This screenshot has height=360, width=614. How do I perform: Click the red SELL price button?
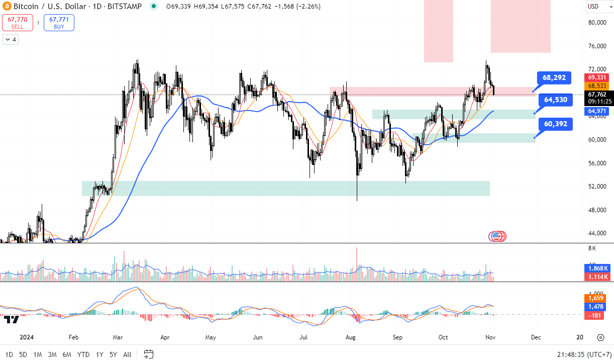[x=18, y=23]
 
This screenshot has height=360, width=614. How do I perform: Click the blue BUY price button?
[x=59, y=23]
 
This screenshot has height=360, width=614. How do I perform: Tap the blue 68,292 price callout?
[x=554, y=78]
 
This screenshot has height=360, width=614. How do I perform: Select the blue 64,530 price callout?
[x=555, y=100]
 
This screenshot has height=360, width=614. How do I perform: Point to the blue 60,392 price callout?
[x=555, y=124]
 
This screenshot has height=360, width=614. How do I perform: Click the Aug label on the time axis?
[x=351, y=337]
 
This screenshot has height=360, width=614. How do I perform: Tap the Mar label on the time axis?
[x=119, y=337]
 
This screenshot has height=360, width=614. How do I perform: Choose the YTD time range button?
[x=83, y=354]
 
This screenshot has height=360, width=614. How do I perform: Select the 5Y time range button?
[x=113, y=354]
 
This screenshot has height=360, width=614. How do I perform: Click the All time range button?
[x=127, y=354]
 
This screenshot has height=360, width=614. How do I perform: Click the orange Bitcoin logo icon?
[x=7, y=7]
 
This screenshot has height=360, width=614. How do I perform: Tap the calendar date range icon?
[x=148, y=354]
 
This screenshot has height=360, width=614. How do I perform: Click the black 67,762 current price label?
[x=597, y=94]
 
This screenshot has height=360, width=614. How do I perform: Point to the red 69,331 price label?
[x=597, y=77]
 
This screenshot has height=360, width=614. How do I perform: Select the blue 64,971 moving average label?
[x=597, y=111]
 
